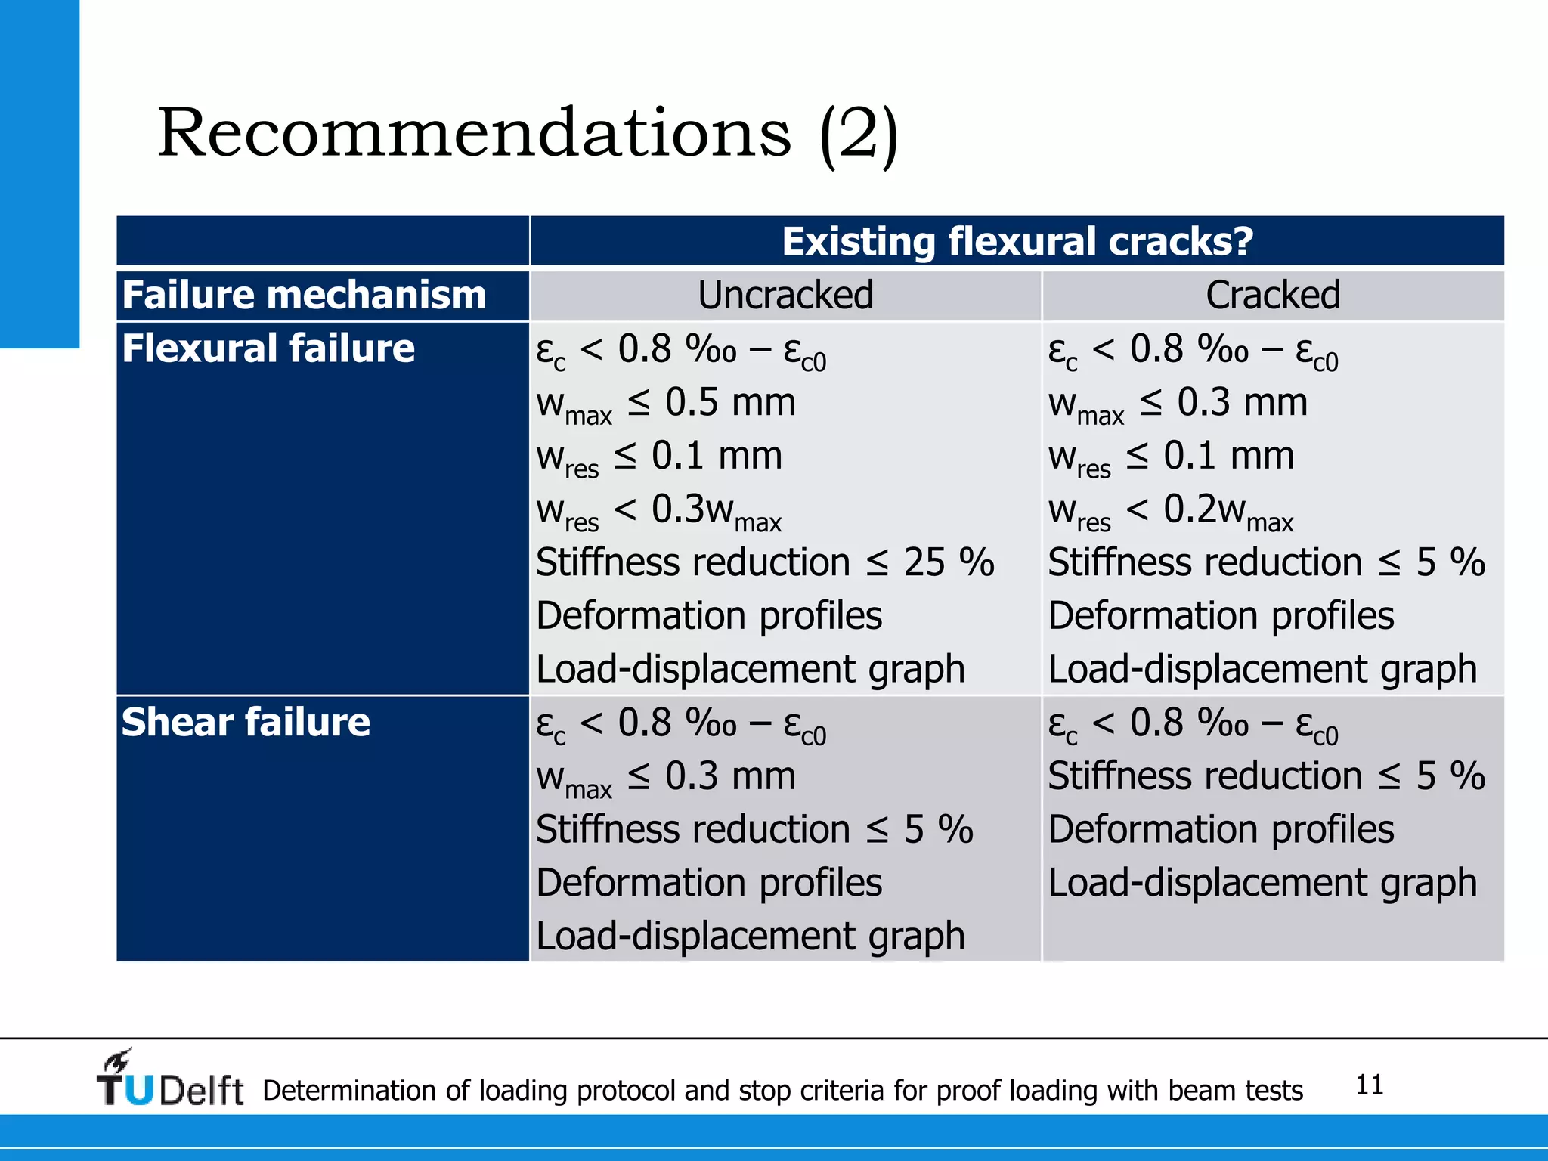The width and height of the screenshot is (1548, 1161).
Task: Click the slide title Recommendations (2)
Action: coord(527,134)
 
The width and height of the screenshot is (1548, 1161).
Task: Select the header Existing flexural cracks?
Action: coord(1017,242)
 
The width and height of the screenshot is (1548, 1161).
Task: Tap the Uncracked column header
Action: coord(785,295)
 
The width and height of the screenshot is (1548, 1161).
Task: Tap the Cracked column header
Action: coord(1273,295)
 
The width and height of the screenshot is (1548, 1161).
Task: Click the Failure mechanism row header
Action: coord(304,295)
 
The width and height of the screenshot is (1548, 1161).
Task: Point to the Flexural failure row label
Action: coord(268,348)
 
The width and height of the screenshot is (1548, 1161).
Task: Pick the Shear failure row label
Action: coord(246,722)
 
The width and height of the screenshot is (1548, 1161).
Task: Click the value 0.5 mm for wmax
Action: coord(729,402)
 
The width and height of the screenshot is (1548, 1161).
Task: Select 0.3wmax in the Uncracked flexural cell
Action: coord(715,511)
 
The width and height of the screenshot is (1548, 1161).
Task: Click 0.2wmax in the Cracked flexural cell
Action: coord(1228,511)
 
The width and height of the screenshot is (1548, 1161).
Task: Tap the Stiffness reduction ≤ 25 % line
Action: coord(764,563)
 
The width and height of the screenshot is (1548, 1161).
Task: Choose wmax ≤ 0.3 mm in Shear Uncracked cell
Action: coord(665,777)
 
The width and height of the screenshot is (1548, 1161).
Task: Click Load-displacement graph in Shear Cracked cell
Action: coord(1262,883)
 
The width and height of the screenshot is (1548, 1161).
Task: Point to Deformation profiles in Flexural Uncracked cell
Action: coord(708,616)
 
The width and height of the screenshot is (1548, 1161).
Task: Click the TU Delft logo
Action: coord(170,1081)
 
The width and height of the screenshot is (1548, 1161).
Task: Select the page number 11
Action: coord(1369,1085)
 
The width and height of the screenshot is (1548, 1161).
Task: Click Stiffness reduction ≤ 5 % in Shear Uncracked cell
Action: coord(754,830)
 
